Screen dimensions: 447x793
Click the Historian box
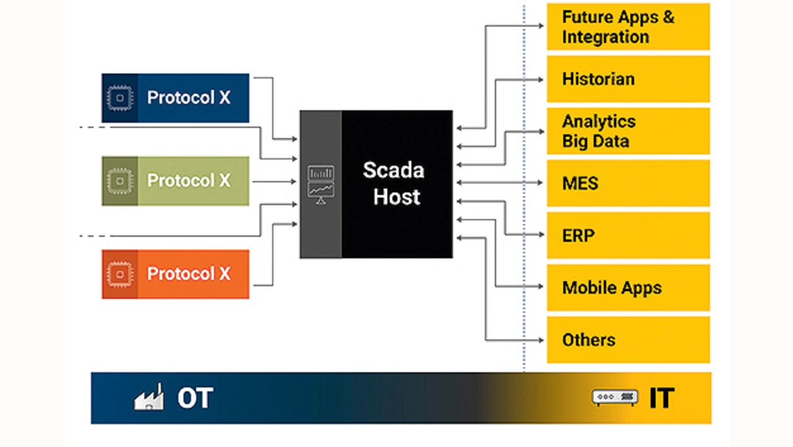[628, 79]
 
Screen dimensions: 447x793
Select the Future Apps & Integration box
[628, 27]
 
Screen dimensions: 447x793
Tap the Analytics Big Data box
[628, 131]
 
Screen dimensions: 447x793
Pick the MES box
[628, 184]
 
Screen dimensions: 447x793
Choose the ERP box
[628, 236]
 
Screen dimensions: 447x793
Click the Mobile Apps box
[628, 288]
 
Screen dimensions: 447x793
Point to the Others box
[628, 340]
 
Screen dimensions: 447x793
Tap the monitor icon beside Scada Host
[321, 184]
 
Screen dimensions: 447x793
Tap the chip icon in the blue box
[120, 98]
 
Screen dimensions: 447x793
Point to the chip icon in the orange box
[120, 274]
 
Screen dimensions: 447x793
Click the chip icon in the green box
[120, 181]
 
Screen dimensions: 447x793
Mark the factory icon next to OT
[149, 397]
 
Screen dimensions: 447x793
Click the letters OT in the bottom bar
[195, 398]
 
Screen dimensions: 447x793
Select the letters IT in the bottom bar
[661, 398]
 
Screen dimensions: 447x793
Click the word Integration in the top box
[605, 37]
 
